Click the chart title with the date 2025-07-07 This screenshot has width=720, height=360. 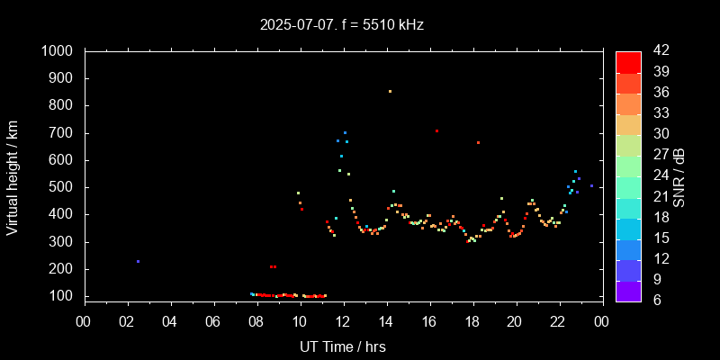click(341, 24)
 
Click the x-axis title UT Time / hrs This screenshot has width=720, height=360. click(342, 346)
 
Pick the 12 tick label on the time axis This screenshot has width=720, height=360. click(343, 321)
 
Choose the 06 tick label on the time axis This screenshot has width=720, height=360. click(213, 321)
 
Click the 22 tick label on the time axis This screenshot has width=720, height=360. click(558, 321)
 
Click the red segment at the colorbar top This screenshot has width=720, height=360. click(628, 61)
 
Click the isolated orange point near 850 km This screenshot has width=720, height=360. click(390, 91)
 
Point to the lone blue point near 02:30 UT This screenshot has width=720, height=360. click(138, 261)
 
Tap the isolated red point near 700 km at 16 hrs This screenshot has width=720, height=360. click(436, 130)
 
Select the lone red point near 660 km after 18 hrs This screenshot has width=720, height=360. click(478, 142)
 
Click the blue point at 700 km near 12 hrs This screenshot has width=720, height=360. click(345, 132)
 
